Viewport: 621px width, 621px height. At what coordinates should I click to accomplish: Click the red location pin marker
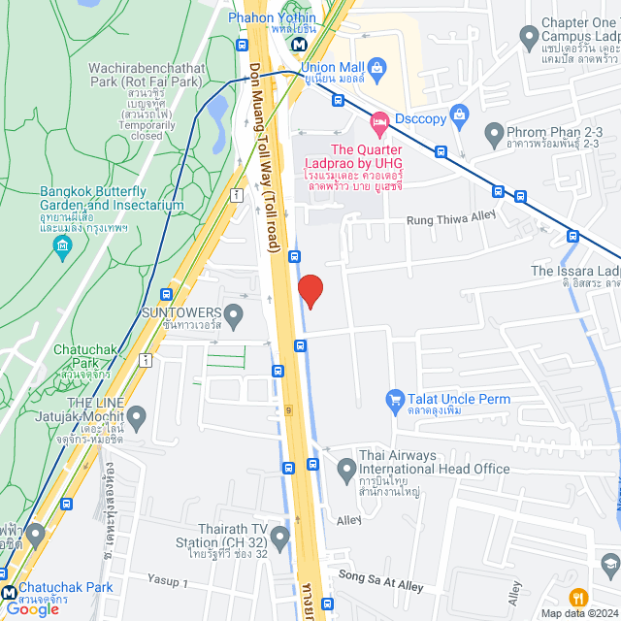(310, 290)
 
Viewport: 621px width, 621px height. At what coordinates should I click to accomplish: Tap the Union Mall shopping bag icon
(378, 68)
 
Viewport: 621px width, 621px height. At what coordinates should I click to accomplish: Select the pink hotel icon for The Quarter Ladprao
(378, 123)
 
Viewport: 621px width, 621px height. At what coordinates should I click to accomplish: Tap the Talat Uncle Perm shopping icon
(394, 400)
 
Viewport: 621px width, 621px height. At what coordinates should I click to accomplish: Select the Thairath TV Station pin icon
(280, 537)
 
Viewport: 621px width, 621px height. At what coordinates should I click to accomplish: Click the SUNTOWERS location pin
(233, 315)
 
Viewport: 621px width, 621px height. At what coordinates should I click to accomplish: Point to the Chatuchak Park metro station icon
(9, 592)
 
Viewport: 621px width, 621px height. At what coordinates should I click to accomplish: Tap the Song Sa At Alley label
(381, 581)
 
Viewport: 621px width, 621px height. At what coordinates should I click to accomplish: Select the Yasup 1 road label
(168, 580)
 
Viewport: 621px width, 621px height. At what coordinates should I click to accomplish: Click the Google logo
(32, 608)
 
